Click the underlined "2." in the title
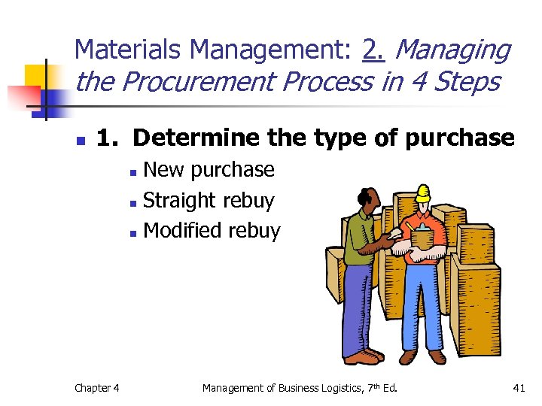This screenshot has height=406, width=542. tap(373, 50)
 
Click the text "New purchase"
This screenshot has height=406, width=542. tap(209, 170)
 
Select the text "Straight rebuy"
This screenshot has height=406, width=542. tap(209, 201)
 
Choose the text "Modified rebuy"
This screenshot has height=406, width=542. tap(212, 231)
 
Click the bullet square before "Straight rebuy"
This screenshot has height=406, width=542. tap(132, 202)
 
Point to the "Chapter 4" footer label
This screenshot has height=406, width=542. tap(96, 388)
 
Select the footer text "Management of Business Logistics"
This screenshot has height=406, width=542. tap(276, 388)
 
